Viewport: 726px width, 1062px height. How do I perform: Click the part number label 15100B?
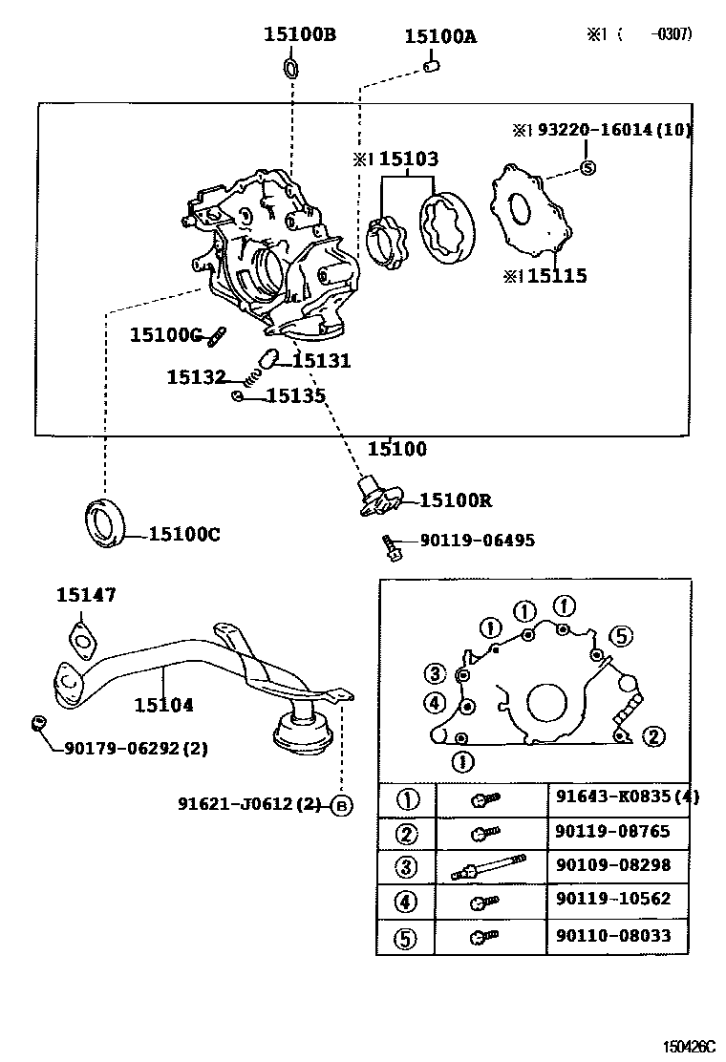click(299, 35)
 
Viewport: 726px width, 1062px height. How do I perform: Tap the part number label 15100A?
click(439, 37)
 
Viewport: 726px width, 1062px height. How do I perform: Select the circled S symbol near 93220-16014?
click(588, 168)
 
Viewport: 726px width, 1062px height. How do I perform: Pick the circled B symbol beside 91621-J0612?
click(342, 805)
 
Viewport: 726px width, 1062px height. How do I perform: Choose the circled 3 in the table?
click(407, 867)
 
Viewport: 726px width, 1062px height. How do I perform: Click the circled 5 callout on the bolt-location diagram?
click(621, 636)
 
